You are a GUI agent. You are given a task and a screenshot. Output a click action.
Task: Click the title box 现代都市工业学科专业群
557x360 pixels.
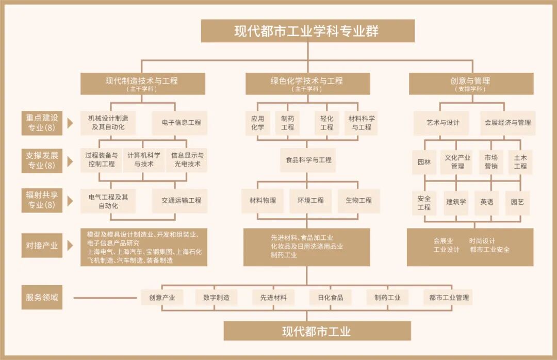307,31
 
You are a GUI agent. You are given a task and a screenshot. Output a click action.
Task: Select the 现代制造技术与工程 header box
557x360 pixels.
142,84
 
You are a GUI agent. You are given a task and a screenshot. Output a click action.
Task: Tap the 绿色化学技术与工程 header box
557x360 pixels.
307,84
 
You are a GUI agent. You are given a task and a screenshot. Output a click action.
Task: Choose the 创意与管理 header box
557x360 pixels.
470,84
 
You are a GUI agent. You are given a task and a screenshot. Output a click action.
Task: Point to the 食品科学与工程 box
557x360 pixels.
308,160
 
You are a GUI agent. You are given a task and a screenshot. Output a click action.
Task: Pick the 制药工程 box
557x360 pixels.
288,123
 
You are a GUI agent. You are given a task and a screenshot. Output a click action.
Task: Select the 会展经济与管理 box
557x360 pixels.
507,123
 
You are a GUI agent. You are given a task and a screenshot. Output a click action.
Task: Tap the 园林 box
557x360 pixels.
424,162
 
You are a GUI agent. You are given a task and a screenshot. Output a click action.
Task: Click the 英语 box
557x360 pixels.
486,202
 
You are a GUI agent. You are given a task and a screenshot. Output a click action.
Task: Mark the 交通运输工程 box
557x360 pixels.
181,200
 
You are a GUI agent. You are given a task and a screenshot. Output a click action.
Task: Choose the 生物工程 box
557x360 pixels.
358,200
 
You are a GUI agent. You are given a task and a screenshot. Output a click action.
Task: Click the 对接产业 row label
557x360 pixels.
42,246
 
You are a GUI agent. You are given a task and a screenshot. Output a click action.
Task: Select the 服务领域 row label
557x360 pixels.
42,298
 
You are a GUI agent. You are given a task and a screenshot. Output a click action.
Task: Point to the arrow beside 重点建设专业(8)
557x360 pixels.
70,123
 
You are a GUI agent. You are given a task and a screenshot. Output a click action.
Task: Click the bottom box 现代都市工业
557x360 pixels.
317,331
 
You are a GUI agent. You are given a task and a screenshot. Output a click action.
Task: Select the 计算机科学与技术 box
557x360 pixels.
144,160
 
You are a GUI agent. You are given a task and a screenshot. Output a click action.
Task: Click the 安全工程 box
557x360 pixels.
424,203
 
